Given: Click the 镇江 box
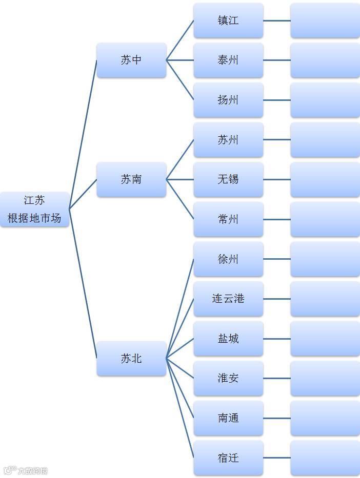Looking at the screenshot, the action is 228,21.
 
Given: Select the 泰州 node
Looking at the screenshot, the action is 228,60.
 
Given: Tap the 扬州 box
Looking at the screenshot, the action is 228,100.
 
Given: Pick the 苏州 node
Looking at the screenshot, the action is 228,140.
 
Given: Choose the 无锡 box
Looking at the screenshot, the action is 228,179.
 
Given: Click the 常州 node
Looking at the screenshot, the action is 228,219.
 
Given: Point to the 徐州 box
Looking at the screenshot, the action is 228,259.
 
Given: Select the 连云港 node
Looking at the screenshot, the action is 228,299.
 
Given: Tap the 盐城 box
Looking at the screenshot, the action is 228,339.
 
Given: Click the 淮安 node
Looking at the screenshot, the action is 228,379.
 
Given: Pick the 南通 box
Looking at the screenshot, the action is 228,418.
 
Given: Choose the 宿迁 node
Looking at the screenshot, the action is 228,458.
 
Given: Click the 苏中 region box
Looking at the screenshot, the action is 131,60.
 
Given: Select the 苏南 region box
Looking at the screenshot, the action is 131,179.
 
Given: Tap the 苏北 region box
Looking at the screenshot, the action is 131,359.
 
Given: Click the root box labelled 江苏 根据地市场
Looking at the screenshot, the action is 34,209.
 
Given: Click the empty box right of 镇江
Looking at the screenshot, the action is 325,21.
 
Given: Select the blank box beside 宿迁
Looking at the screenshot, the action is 325,458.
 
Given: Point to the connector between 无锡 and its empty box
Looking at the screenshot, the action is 277,179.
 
